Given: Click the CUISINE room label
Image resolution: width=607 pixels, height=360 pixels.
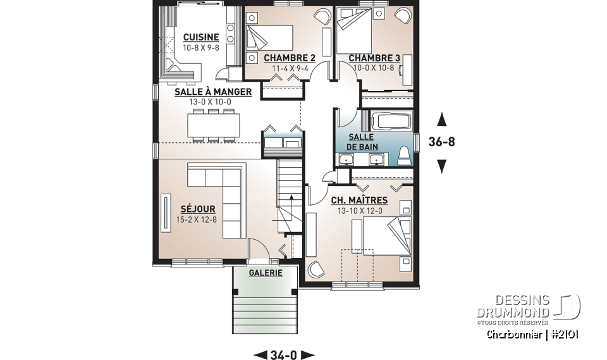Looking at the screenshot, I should click(x=201, y=37).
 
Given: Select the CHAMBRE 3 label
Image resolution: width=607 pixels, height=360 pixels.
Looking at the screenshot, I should click(x=374, y=58).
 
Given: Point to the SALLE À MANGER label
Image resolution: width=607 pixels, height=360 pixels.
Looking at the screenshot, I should click(x=213, y=92).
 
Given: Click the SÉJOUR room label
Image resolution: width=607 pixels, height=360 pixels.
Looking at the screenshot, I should click(x=197, y=209).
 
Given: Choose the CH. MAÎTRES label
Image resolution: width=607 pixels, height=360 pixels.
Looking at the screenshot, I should click(x=359, y=201).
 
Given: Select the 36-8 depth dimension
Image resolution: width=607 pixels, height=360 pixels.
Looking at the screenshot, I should click(x=441, y=142).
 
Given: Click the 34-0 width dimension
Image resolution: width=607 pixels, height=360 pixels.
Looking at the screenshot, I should click(x=284, y=354).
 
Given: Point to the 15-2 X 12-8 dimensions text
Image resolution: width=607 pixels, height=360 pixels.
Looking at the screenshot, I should click(x=197, y=220).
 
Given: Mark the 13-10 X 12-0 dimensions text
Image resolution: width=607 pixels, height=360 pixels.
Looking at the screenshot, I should click(x=359, y=211).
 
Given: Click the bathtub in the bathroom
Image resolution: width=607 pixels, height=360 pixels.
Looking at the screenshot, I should click(x=390, y=121).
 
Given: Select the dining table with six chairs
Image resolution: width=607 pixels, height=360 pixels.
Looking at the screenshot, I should click(x=213, y=125).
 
